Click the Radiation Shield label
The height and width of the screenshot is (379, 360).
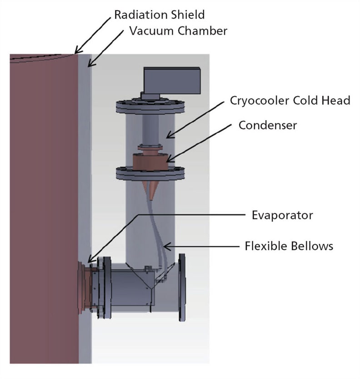coord(160,15)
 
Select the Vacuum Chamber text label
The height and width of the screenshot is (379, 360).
coord(178,30)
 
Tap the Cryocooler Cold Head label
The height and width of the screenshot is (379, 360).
coord(290,100)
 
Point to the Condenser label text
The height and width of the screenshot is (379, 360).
coord(268,125)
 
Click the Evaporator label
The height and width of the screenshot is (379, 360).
coord(282,215)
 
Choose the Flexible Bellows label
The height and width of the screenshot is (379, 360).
coord(289,246)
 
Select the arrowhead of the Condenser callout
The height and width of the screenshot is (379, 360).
coord(170,159)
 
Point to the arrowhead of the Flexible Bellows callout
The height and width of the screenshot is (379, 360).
coord(167,247)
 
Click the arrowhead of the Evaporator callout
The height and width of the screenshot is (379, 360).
coord(90,259)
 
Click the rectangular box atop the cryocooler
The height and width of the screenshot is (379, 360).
coord(172,81)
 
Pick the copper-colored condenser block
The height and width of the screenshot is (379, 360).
coord(150,162)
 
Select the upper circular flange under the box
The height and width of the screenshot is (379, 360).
coord(150,107)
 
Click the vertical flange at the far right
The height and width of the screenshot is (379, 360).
coord(182,287)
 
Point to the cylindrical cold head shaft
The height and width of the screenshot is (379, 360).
coord(150,129)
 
